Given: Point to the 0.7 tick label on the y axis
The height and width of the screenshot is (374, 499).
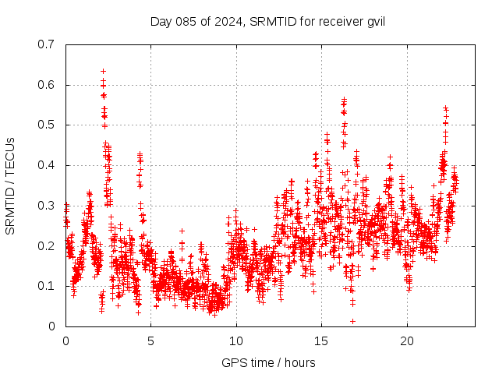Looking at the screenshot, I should click(x=46, y=44).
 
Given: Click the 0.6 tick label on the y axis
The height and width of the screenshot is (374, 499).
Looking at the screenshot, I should click(x=46, y=85).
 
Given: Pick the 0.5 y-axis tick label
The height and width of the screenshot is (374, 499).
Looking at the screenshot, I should click(x=46, y=125).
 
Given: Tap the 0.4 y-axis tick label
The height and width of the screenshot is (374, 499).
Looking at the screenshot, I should click(x=46, y=165).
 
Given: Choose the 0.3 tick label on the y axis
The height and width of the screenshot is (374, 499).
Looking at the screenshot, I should click(x=46, y=206).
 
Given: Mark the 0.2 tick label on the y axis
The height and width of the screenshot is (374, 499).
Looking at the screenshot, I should click(x=46, y=245).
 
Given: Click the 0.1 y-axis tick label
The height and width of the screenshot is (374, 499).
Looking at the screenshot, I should click(x=46, y=286).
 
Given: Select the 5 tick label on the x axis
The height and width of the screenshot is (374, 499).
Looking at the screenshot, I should click(x=151, y=341).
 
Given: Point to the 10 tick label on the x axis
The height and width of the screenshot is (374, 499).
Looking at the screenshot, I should click(x=236, y=341).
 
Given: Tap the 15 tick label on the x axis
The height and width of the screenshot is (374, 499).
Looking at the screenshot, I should click(x=321, y=341).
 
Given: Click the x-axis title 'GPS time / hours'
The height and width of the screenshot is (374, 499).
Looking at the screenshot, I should click(x=268, y=362).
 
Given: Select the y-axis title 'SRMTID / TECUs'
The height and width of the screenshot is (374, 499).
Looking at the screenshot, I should click(x=11, y=185).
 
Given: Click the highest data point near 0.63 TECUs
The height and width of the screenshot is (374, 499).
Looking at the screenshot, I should click(x=103, y=71).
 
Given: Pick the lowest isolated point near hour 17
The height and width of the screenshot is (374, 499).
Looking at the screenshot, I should click(x=352, y=321).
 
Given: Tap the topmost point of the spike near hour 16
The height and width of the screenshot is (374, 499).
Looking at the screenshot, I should click(x=344, y=100).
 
